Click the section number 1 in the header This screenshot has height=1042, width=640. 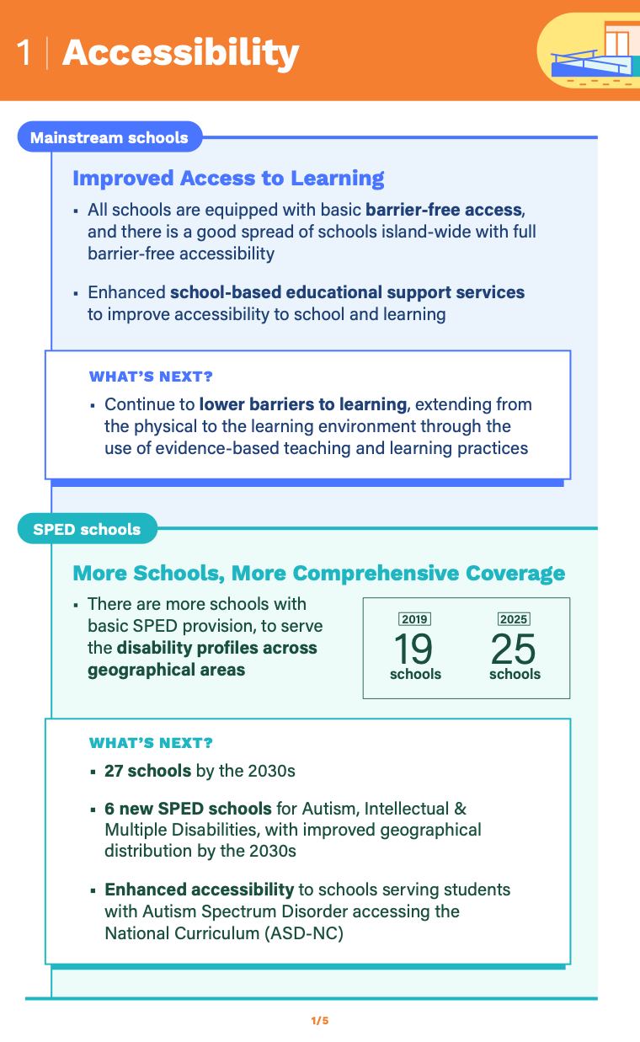(x=24, y=52)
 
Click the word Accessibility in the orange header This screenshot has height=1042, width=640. (x=180, y=52)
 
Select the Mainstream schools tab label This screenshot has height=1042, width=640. (x=109, y=137)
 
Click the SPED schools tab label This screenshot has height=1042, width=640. (x=87, y=529)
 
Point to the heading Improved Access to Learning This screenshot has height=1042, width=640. (x=228, y=179)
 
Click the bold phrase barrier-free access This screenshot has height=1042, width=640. (x=445, y=209)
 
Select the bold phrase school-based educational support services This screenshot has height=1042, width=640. (x=347, y=292)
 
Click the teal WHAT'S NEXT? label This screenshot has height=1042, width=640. (x=151, y=743)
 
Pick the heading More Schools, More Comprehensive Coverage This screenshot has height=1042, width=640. (x=318, y=574)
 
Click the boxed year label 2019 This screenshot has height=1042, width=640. (x=414, y=619)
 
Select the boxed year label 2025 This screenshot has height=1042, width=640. (x=514, y=619)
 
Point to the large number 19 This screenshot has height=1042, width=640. (x=413, y=649)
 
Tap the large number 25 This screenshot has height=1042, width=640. (x=514, y=649)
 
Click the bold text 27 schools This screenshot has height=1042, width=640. (x=148, y=771)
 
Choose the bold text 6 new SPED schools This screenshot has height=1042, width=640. (x=188, y=809)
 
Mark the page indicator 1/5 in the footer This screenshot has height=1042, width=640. (x=320, y=1021)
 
